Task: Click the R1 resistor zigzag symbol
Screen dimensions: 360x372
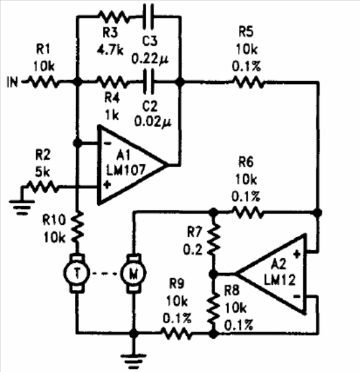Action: [43, 82]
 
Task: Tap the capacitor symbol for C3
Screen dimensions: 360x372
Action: [148, 16]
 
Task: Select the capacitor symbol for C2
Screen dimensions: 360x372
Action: [148, 81]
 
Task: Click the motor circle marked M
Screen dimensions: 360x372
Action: [133, 274]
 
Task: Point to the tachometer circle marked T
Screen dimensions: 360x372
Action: [77, 274]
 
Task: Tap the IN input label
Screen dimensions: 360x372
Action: [12, 82]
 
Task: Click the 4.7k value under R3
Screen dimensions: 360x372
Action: [110, 50]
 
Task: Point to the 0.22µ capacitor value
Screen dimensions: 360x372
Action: [150, 59]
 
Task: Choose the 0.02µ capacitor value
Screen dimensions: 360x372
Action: [153, 122]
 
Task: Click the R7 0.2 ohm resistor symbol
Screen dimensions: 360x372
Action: [214, 240]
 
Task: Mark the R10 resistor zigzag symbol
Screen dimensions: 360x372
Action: [77, 227]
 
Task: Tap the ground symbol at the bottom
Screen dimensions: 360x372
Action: [133, 361]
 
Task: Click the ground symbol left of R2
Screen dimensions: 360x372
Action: [21, 207]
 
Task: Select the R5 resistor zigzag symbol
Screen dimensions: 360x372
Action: [249, 82]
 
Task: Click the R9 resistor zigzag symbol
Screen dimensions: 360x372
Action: [176, 334]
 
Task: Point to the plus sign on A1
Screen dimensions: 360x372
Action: [107, 184]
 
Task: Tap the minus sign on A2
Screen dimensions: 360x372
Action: [297, 296]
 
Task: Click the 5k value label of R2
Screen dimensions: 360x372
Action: [43, 171]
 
